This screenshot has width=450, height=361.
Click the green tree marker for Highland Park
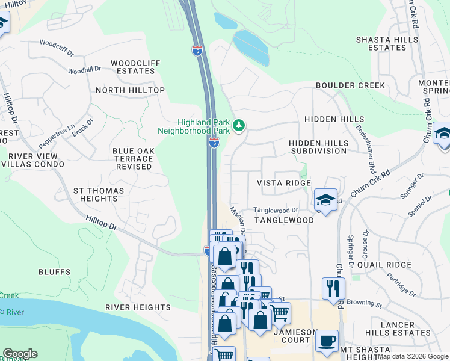click(x=240, y=125)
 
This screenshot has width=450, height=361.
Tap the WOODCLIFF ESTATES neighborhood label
click(x=133, y=67)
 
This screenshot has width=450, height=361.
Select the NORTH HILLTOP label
click(x=130, y=90)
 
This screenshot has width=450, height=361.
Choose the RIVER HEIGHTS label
click(x=138, y=307)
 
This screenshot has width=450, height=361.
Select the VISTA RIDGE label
click(x=284, y=183)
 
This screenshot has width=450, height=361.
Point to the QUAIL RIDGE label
click(x=384, y=265)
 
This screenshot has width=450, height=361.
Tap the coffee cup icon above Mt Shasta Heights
click(x=327, y=340)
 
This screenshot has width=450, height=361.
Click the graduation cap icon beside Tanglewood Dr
click(x=325, y=200)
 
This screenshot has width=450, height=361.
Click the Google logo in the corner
click(x=20, y=354)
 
